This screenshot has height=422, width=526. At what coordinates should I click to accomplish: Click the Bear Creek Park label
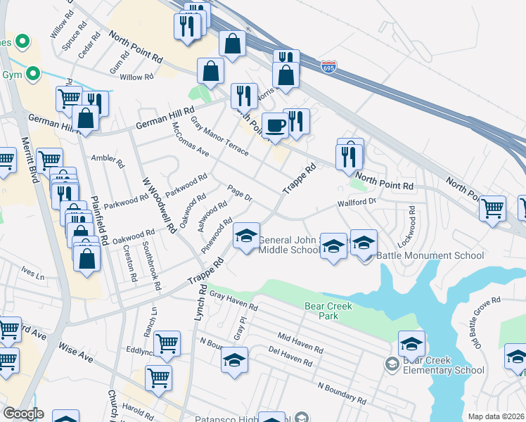pyautogui.click(x=322, y=311)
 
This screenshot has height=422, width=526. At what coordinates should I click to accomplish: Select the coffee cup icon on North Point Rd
pyautogui.click(x=275, y=125)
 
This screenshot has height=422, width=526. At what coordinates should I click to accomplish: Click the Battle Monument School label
pyautogui.click(x=419, y=256)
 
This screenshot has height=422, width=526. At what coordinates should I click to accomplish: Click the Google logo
pyautogui.click(x=23, y=414)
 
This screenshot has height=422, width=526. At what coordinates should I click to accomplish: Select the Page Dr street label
pyautogui.click(x=240, y=193)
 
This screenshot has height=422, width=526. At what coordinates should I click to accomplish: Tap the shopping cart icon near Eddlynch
pyautogui.click(x=167, y=343)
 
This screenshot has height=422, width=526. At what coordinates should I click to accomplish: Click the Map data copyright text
pyautogui.click(x=495, y=416)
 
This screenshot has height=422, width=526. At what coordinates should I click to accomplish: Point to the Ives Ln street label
pyautogui.click(x=32, y=270)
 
